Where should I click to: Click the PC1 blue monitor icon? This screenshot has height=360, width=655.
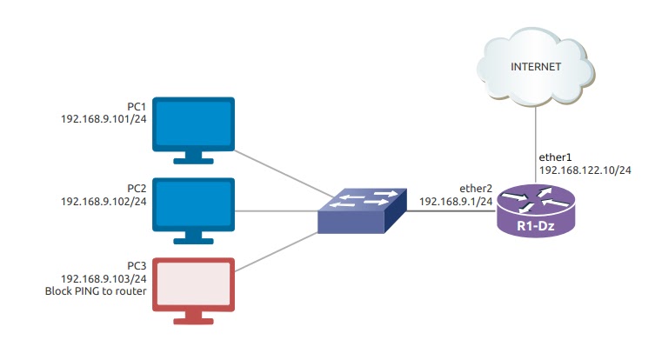click(x=194, y=127)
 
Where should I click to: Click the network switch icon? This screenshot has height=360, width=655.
click(x=363, y=210)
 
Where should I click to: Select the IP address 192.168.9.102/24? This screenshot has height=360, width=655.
click(x=103, y=200)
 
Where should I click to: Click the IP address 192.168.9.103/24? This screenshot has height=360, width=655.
click(x=103, y=279)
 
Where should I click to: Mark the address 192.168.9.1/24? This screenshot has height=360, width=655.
click(x=456, y=201)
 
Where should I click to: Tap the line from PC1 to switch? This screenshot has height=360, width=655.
click(x=278, y=172)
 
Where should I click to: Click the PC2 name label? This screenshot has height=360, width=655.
click(x=136, y=188)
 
